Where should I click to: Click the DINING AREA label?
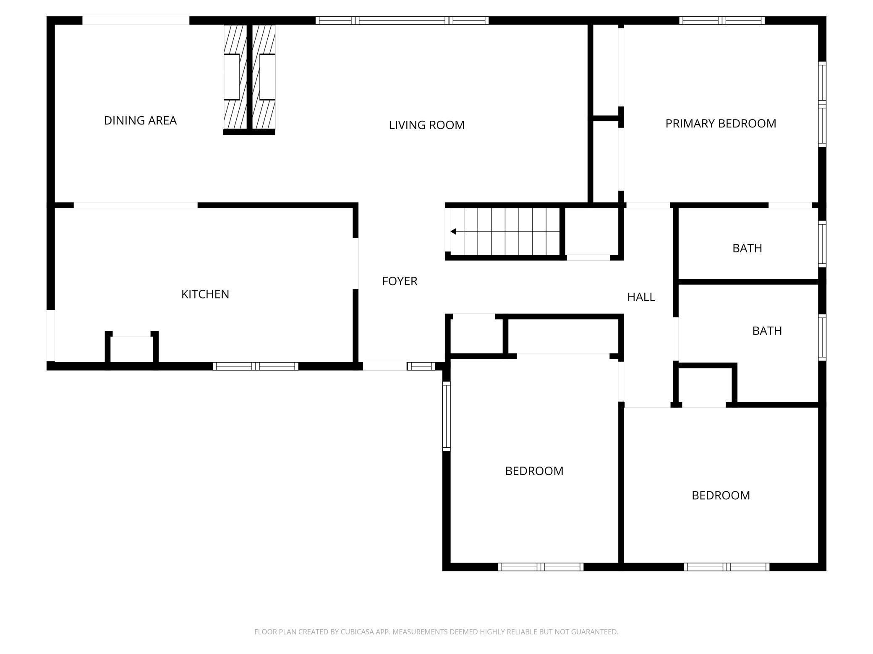tap(140, 121)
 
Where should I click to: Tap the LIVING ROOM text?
tap(426, 125)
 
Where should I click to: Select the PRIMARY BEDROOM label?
tap(721, 124)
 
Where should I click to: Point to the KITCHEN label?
tap(205, 294)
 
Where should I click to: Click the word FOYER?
tap(400, 281)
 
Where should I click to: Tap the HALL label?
tap(641, 297)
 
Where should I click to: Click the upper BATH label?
tap(747, 248)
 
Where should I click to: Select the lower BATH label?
tap(767, 331)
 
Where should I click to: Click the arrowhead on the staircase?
tap(453, 231)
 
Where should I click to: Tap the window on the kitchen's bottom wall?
tap(255, 366)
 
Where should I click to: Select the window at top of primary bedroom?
tap(722, 21)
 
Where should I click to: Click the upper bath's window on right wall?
tap(822, 244)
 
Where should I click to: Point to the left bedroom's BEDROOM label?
tap(534, 471)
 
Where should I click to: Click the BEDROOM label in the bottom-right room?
tap(721, 496)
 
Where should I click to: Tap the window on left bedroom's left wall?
tap(447, 416)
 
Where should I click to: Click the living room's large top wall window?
tap(402, 21)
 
